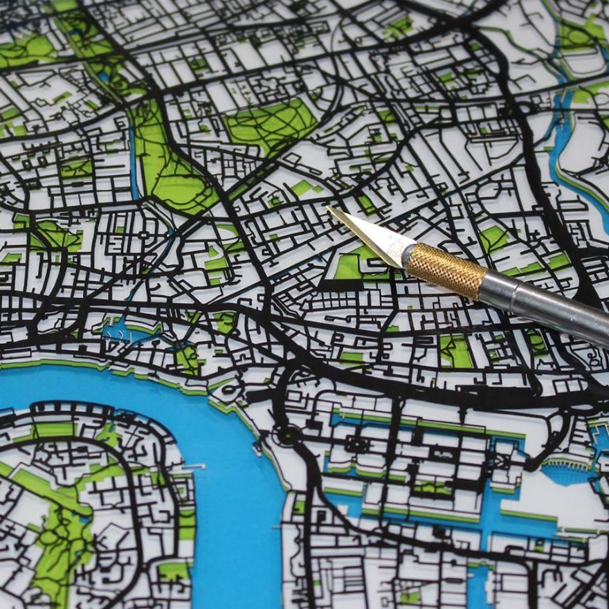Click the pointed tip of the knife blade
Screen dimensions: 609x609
[328, 208]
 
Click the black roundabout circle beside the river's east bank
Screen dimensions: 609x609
[284, 437]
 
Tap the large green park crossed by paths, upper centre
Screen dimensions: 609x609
[270, 125]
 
